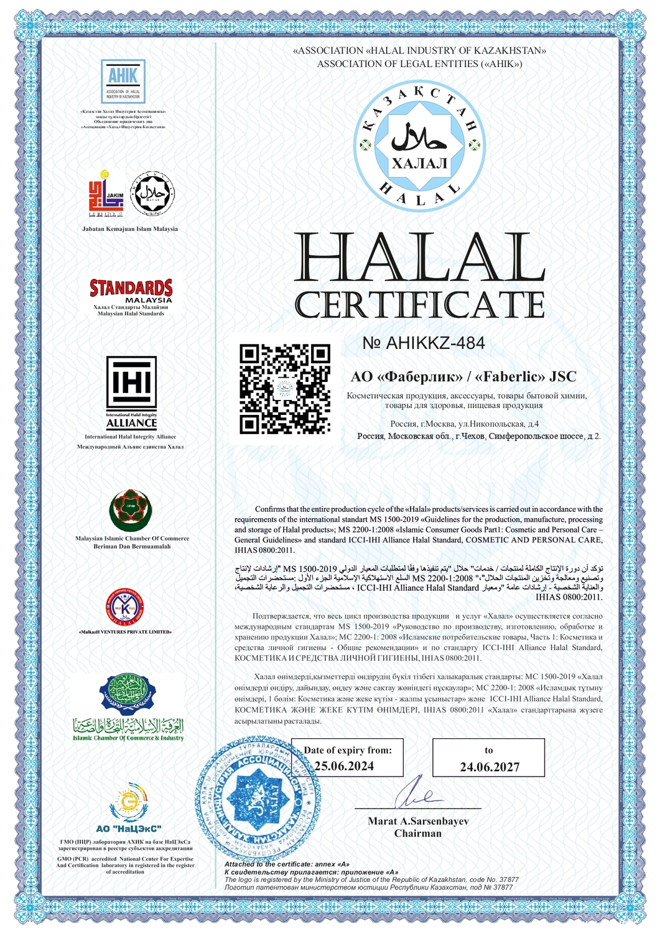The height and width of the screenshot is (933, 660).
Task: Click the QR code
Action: [x=284, y=389]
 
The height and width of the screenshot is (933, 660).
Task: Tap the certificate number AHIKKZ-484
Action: [x=424, y=343]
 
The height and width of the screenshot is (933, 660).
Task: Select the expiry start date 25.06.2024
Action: [x=345, y=766]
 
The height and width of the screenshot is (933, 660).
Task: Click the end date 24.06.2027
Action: [x=490, y=767]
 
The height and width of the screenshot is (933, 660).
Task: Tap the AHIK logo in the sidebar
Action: [x=123, y=81]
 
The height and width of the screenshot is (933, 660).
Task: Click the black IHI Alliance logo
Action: [x=131, y=392]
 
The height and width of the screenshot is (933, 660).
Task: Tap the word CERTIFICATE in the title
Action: [x=419, y=305]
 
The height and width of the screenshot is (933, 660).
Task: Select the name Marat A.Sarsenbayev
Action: [x=418, y=821]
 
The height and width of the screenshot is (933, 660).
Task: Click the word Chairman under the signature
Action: [x=418, y=833]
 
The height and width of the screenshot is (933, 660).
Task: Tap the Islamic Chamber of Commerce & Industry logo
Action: [x=128, y=708]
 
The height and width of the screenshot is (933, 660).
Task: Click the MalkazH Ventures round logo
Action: [x=126, y=607]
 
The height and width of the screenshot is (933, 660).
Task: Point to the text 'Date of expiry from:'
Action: [x=348, y=750]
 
